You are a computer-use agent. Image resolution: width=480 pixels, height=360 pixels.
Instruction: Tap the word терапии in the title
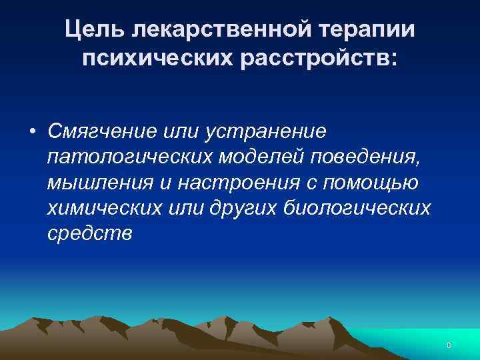[365, 30]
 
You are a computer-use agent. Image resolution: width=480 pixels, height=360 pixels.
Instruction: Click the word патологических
[127, 157]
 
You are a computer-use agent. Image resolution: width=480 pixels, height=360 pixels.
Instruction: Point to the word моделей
[257, 157]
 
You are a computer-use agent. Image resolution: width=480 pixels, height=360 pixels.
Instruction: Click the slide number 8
[449, 345]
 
